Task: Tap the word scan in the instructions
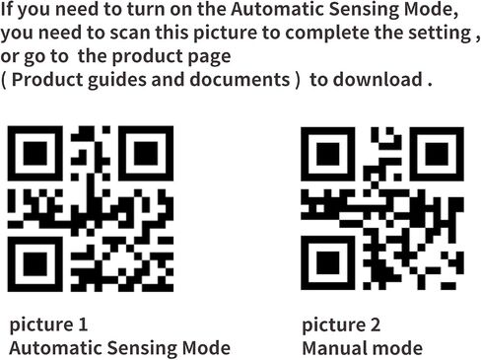pos(130,33)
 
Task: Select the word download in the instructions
pos(378,79)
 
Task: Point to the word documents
pos(240,79)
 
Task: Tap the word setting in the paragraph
pos(441,34)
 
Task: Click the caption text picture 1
pos(48,324)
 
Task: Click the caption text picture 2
pos(341,325)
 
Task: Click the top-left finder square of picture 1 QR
pos(35,153)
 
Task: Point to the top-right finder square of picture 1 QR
pos(146,153)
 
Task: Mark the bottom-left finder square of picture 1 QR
pos(35,263)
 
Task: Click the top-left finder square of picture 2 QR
pos(328,154)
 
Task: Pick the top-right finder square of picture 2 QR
pos(437,154)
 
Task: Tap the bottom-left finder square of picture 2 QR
pos(328,262)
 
